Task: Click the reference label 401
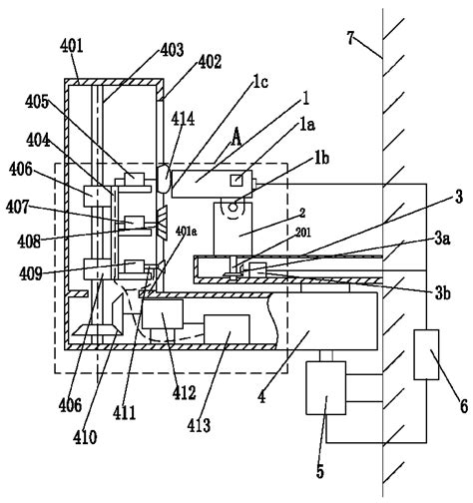[x=72, y=46]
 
